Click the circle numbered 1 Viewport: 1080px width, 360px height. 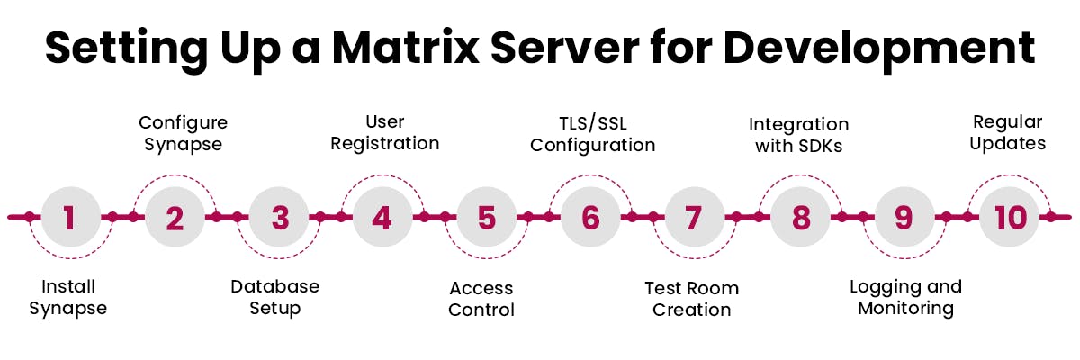[x=70, y=217]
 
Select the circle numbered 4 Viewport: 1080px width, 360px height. [x=382, y=217]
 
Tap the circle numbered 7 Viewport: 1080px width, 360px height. [x=693, y=217]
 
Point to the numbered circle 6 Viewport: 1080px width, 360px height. [x=590, y=217]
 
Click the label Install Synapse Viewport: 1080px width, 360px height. [x=68, y=298]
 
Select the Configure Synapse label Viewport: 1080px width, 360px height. [x=183, y=132]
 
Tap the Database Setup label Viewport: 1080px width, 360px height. [x=275, y=298]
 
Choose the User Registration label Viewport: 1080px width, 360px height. [x=385, y=132]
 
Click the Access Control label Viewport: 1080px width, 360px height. [x=481, y=299]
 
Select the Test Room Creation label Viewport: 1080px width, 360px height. [x=691, y=299]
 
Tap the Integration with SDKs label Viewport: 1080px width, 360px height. [x=799, y=134]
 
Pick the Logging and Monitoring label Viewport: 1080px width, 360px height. [x=905, y=297]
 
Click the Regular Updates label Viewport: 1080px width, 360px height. [x=1008, y=132]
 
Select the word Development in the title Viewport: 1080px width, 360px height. [x=879, y=49]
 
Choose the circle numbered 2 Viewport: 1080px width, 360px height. [x=175, y=217]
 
